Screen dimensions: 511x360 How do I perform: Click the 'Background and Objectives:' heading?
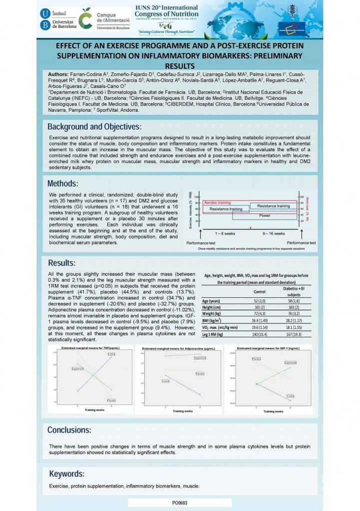click(x=94, y=126)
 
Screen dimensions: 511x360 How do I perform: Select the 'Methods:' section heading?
click(x=63, y=183)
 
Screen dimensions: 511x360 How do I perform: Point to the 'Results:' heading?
click(x=62, y=263)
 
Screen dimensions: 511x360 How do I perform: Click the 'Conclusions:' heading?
click(x=69, y=430)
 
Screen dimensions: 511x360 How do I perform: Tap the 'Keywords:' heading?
click(x=66, y=474)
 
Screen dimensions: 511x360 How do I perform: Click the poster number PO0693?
click(x=180, y=503)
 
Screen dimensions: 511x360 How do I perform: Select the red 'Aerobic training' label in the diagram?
click(x=218, y=202)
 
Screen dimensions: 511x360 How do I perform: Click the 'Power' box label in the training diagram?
click(x=265, y=216)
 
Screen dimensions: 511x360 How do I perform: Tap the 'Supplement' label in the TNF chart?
click(x=77, y=369)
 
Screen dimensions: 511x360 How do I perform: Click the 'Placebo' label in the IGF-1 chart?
click(x=257, y=358)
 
